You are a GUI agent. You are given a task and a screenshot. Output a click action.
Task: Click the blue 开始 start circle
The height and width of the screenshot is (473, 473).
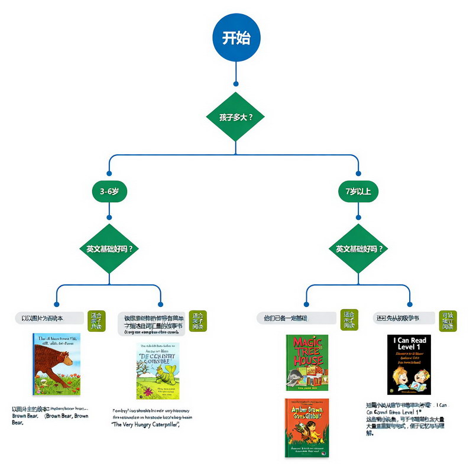click(x=236, y=38)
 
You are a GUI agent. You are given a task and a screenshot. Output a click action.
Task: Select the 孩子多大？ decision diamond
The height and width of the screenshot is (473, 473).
click(x=236, y=116)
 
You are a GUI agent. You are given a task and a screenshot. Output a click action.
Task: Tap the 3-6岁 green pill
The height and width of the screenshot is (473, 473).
click(x=110, y=192)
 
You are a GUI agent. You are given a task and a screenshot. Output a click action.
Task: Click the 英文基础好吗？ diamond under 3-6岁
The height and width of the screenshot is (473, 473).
click(x=110, y=248)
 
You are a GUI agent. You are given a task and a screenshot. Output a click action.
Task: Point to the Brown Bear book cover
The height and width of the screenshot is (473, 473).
click(x=58, y=364)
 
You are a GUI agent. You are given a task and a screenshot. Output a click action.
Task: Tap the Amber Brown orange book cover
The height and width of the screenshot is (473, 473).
click(x=307, y=427)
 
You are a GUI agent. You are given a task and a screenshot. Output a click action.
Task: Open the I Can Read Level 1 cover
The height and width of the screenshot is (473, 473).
click(x=409, y=364)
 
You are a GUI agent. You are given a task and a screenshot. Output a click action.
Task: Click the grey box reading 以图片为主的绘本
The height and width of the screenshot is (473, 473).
click(x=50, y=318)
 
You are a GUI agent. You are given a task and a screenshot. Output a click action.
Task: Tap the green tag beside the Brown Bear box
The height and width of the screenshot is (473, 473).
click(x=96, y=321)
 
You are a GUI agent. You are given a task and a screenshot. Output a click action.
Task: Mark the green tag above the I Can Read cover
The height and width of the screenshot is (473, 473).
click(x=448, y=321)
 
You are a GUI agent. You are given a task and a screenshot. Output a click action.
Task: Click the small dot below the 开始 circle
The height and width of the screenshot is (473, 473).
click(x=236, y=84)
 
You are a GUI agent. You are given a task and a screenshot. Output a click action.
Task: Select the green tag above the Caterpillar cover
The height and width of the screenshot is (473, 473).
click(x=197, y=321)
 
